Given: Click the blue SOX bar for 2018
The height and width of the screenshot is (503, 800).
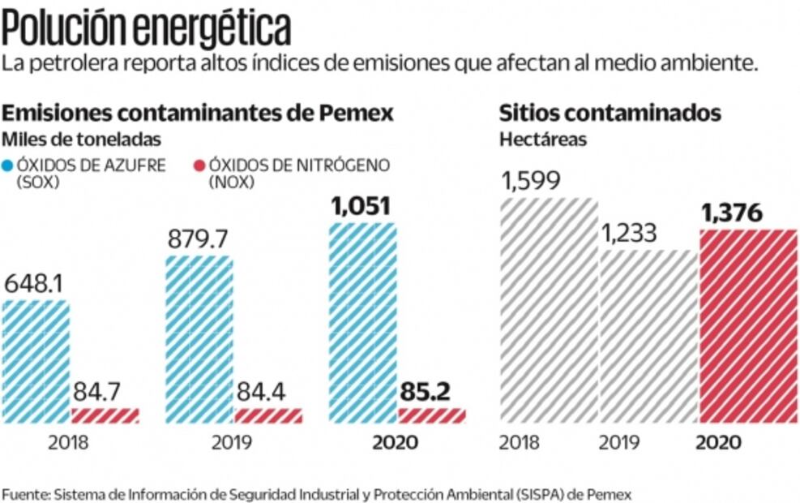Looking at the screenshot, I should pyautogui.click(x=35, y=361).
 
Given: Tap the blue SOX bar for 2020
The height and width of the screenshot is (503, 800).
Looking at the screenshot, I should pyautogui.click(x=363, y=322).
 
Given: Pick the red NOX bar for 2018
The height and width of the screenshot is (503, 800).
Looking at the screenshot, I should pyautogui.click(x=105, y=415).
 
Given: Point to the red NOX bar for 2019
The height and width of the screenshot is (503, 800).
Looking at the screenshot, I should pyautogui.click(x=268, y=415).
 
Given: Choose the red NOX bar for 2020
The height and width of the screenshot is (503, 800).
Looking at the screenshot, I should pyautogui.click(x=432, y=415).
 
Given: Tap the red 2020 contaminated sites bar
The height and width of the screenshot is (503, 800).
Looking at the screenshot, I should pyautogui.click(x=747, y=325).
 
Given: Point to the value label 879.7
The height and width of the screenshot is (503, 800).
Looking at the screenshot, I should pyautogui.click(x=198, y=240).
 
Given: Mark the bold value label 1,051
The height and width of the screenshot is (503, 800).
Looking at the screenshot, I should pyautogui.click(x=362, y=206).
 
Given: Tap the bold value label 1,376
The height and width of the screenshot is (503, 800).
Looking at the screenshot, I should pyautogui.click(x=731, y=213).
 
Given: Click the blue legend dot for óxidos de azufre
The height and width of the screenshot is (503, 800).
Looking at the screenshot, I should pyautogui.click(x=7, y=166).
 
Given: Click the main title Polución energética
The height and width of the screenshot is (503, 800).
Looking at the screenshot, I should pyautogui.click(x=146, y=28).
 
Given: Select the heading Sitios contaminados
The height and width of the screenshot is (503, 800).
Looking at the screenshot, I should pyautogui.click(x=610, y=113).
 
